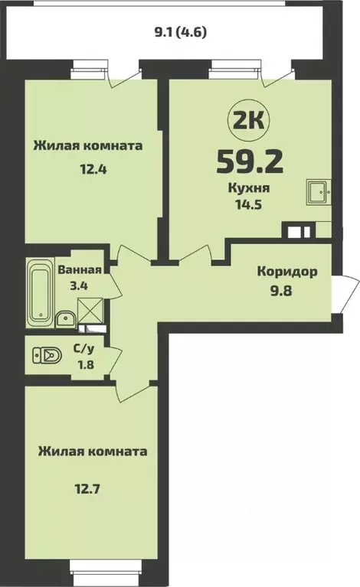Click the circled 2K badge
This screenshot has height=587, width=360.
point(242,119)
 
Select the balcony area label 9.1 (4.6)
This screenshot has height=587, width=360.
point(181,32)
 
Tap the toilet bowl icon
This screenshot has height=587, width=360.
point(47,355)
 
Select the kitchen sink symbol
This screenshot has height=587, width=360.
point(317,191)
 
